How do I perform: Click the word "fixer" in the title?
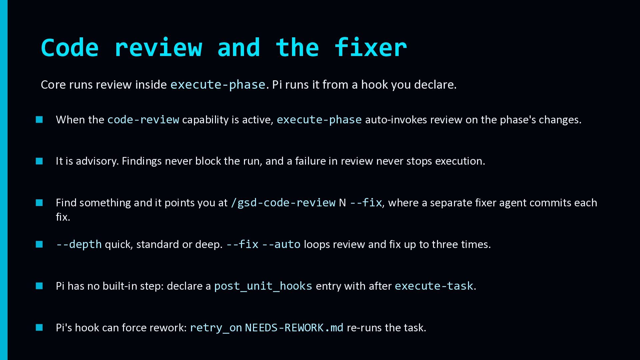coord(370,47)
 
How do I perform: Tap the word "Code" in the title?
coord(70,48)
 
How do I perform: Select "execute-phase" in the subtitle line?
coord(218,85)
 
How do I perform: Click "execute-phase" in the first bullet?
coord(319,120)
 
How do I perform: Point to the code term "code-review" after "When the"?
coord(143,120)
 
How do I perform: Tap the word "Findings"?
coord(142,161)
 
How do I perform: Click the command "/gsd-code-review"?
coord(283,203)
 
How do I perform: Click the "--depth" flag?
coord(79,244)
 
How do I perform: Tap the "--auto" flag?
coord(281,244)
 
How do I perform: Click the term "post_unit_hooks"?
coord(263,286)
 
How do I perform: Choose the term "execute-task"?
coord(434,286)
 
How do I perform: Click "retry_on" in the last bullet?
coord(216,328)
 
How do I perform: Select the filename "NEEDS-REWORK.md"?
coord(294,328)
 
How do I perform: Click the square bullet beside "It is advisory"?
coord(39,161)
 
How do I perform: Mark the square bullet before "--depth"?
coord(39,244)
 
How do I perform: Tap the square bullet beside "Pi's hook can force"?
coord(39,328)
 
